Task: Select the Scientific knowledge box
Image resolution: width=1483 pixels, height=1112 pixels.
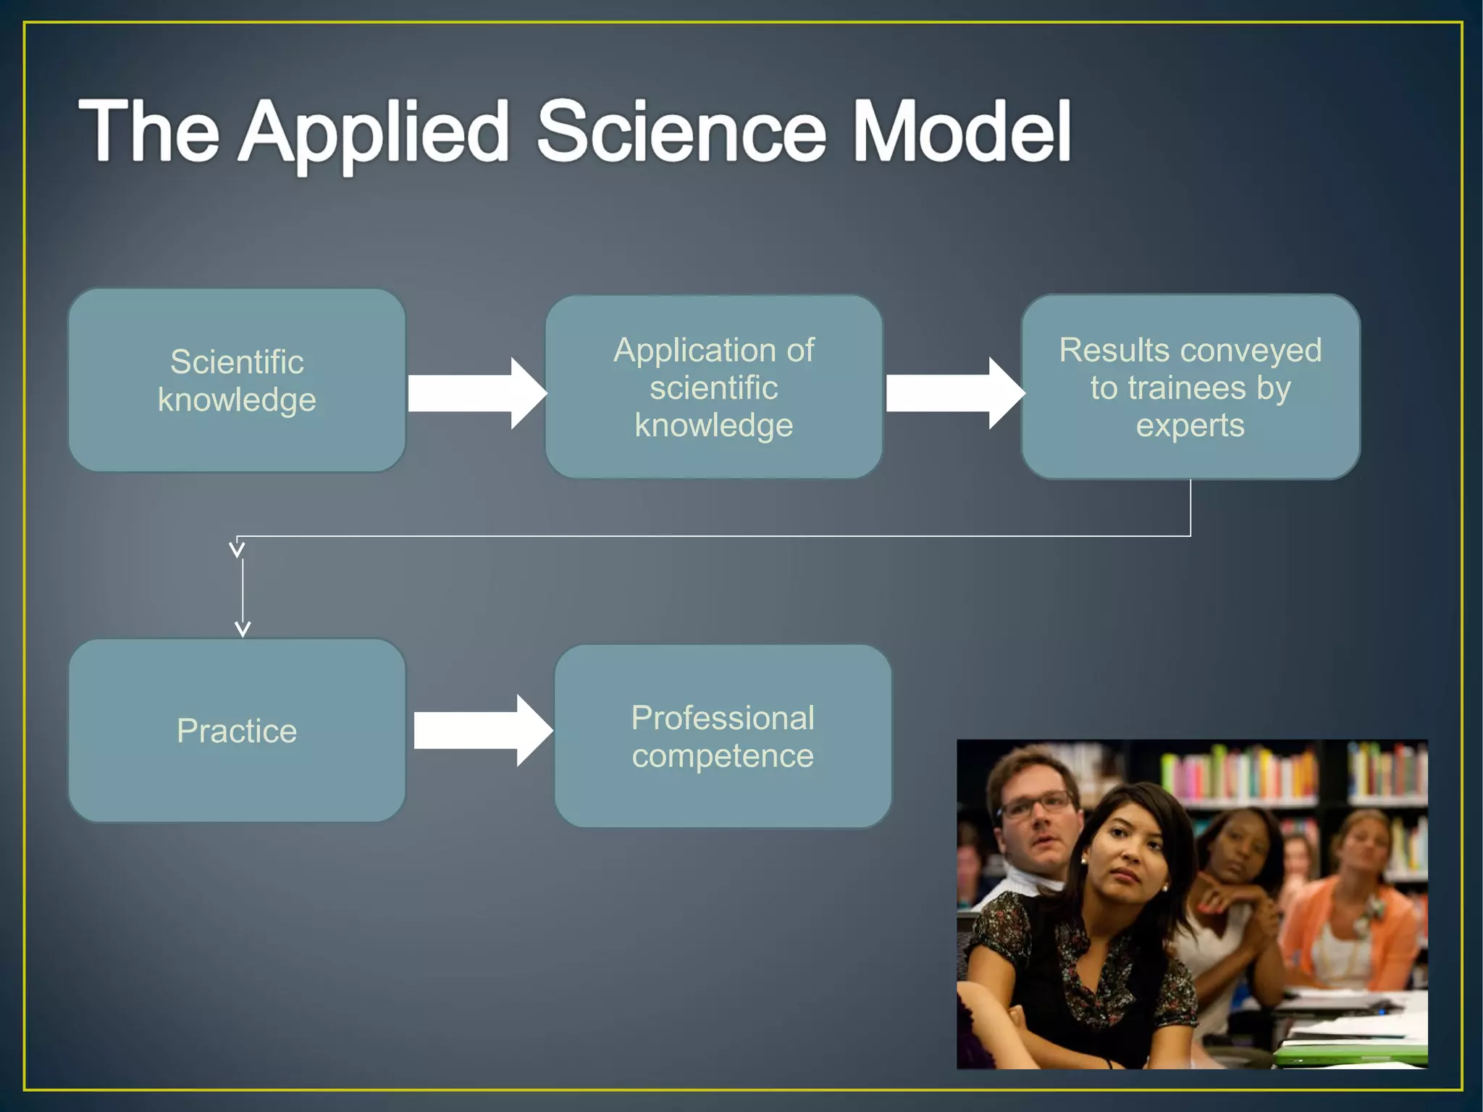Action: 237,380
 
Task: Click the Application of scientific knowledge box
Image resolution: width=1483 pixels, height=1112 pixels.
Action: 713,387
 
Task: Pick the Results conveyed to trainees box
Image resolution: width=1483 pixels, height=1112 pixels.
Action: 1190,387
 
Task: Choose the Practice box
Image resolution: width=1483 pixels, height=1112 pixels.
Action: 237,730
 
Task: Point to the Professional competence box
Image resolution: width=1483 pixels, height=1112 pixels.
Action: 722,737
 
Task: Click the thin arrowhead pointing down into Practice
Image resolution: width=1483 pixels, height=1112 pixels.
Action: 243,628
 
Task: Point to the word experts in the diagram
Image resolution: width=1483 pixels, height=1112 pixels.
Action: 1190,425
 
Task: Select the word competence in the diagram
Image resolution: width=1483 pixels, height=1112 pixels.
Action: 722,756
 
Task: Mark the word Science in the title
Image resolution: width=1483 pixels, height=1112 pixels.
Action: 681,132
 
